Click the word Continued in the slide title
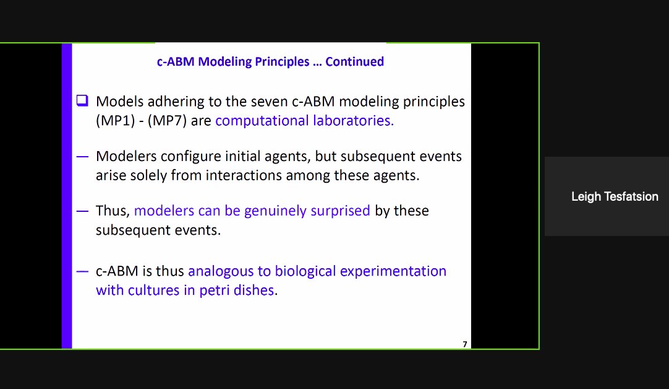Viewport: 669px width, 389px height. point(354,61)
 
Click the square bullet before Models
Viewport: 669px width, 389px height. point(82,100)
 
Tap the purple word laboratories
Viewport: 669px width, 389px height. point(352,120)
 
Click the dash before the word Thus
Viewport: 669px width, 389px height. point(82,211)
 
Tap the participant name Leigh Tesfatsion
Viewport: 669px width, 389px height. point(615,197)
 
